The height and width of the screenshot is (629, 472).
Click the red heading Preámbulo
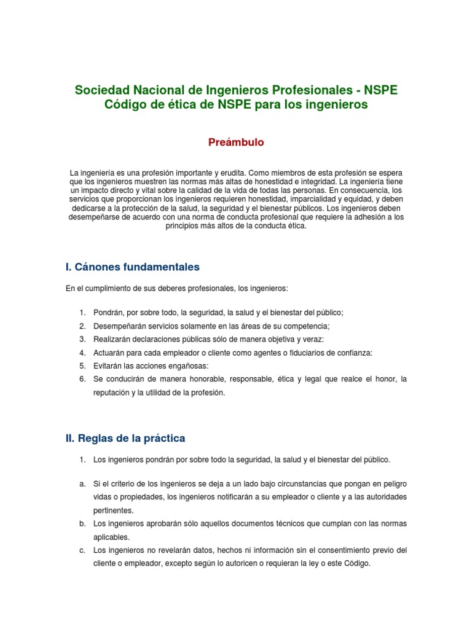click(237, 143)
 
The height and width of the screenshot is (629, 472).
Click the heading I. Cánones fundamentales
click(132, 267)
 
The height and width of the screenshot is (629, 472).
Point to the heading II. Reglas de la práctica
click(125, 439)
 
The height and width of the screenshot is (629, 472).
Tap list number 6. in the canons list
click(82, 379)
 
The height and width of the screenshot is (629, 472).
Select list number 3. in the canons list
click(82, 339)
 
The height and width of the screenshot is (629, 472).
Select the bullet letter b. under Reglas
click(82, 523)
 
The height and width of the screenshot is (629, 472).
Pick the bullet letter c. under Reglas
click(82, 550)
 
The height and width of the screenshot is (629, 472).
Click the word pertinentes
click(112, 510)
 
